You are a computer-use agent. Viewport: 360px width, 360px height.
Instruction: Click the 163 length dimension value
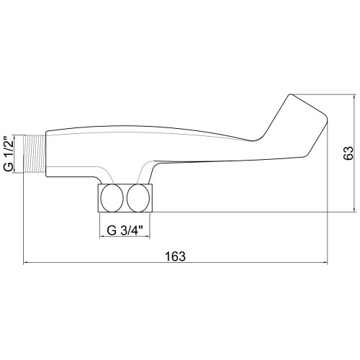[175, 256]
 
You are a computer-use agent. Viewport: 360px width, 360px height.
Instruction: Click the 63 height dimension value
[348, 153]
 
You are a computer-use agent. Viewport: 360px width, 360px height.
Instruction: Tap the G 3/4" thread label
[125, 230]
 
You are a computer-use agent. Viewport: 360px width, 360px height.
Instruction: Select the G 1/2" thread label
[9, 153]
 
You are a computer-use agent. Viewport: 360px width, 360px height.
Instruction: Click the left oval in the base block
[112, 198]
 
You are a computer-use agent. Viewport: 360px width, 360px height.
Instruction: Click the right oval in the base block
[138, 198]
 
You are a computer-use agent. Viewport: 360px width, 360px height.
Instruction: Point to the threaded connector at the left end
[35, 153]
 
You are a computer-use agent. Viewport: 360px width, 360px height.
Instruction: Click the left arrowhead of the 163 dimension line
[25, 263]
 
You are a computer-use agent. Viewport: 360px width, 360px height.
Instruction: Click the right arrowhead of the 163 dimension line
[325, 263]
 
